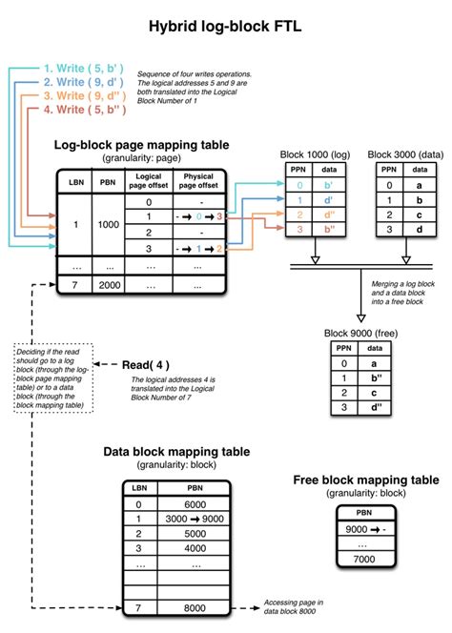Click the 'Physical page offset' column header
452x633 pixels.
point(197,181)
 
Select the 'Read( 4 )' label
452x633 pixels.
point(148,364)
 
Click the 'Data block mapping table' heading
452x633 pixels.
point(176,451)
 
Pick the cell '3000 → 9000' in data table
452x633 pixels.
point(195,519)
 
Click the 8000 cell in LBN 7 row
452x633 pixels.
point(194,607)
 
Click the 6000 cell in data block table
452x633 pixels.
point(194,503)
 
